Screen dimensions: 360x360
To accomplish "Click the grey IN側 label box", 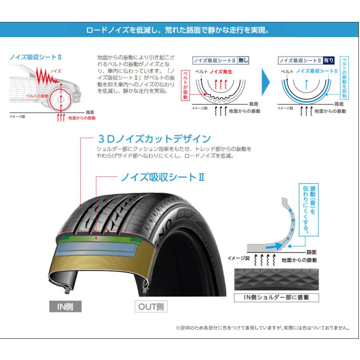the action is pyautogui.click(x=66, y=306).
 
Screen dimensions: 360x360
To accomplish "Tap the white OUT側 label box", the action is pyautogui.click(x=151, y=306).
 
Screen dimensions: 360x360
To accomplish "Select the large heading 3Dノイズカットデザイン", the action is pyautogui.click(x=154, y=138).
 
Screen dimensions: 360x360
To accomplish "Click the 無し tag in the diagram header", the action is pyautogui.click(x=243, y=60).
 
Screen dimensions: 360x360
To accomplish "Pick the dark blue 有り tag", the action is pyautogui.click(x=328, y=60).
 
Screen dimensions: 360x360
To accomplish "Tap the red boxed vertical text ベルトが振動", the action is pyautogui.click(x=185, y=85).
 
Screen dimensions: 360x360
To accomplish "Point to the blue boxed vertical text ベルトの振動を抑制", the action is pyautogui.click(x=344, y=78).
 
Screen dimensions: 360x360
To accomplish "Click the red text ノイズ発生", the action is pyautogui.click(x=221, y=72).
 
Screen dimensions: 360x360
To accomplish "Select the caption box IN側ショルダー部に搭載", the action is pyautogui.click(x=276, y=298).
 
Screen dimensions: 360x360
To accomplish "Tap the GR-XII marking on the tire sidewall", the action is pyautogui.click(x=184, y=214).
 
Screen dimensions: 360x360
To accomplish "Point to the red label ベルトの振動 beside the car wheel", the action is pyautogui.click(x=37, y=96).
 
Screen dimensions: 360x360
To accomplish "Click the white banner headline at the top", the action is pyautogui.click(x=178, y=30).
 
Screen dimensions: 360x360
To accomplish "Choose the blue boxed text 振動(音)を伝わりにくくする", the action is pyautogui.click(x=308, y=210).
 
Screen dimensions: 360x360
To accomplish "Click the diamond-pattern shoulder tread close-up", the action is pyautogui.click(x=276, y=280).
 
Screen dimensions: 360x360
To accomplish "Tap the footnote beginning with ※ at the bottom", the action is pyautogui.click(x=263, y=328).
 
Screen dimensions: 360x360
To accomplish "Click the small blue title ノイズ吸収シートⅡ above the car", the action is pyautogui.click(x=36, y=57).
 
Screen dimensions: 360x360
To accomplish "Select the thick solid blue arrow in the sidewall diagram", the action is pyautogui.click(x=274, y=246).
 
